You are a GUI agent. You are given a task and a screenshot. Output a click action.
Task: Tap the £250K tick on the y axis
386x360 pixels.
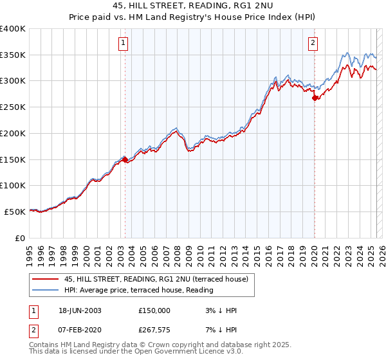point(13,107)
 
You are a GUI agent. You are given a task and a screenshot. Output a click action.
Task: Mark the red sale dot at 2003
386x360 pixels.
point(125,159)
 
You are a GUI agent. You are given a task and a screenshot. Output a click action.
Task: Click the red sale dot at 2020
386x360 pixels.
point(315,98)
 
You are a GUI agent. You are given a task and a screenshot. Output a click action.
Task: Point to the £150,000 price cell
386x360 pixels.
point(154,310)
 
